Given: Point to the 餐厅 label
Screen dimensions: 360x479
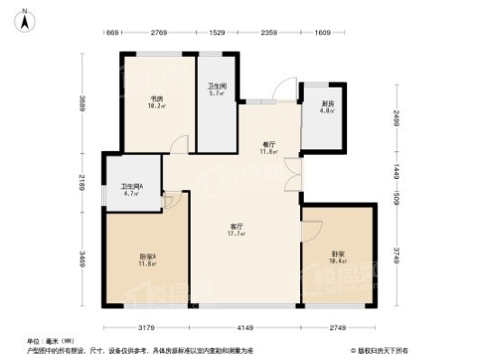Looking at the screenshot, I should click(x=268, y=147).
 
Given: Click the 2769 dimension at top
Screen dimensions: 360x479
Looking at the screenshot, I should click(x=160, y=34).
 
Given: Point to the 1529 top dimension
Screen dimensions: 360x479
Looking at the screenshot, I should click(x=217, y=34).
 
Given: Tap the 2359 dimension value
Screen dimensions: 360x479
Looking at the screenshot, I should click(x=268, y=34).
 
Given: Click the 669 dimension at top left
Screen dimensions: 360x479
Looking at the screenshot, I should click(x=113, y=34).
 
